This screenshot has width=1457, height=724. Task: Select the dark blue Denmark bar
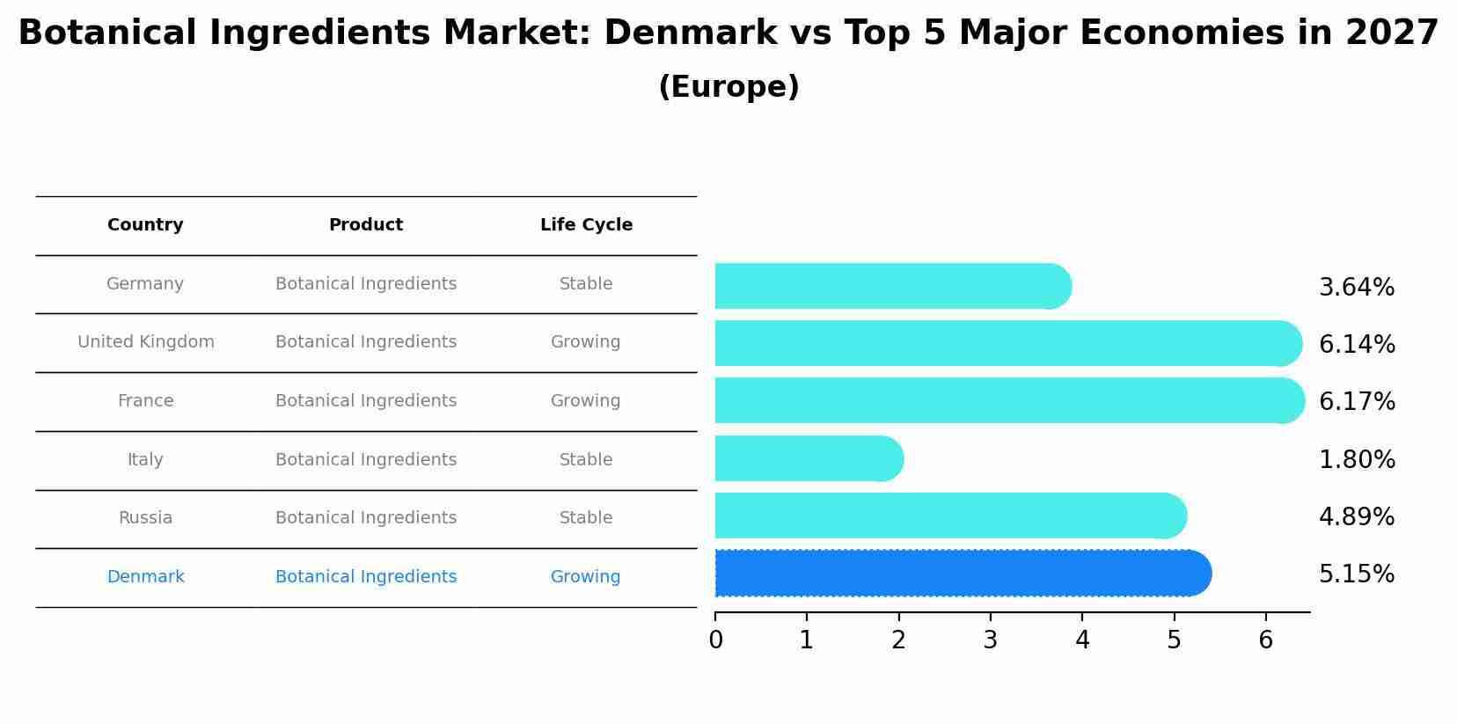(959, 574)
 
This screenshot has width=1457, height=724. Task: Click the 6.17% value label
(1357, 402)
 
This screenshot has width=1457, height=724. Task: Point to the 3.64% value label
(1357, 288)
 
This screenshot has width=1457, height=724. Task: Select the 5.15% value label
(1357, 574)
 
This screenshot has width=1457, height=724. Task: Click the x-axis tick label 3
(990, 640)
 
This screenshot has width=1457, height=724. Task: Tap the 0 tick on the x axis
(715, 640)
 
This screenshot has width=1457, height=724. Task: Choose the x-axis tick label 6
(1265, 640)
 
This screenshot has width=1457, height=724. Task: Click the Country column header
(145, 225)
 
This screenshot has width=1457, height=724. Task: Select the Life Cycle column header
(586, 225)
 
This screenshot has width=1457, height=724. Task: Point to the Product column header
(366, 225)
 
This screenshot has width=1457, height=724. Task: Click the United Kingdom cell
(146, 342)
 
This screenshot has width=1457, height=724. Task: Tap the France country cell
(145, 401)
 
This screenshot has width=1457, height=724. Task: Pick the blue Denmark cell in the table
(145, 577)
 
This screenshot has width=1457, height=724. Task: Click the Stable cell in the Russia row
(586, 518)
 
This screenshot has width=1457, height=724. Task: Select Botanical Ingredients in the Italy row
(366, 460)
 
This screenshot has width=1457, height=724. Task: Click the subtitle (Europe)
(728, 87)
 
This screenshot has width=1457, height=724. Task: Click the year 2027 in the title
(1392, 33)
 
